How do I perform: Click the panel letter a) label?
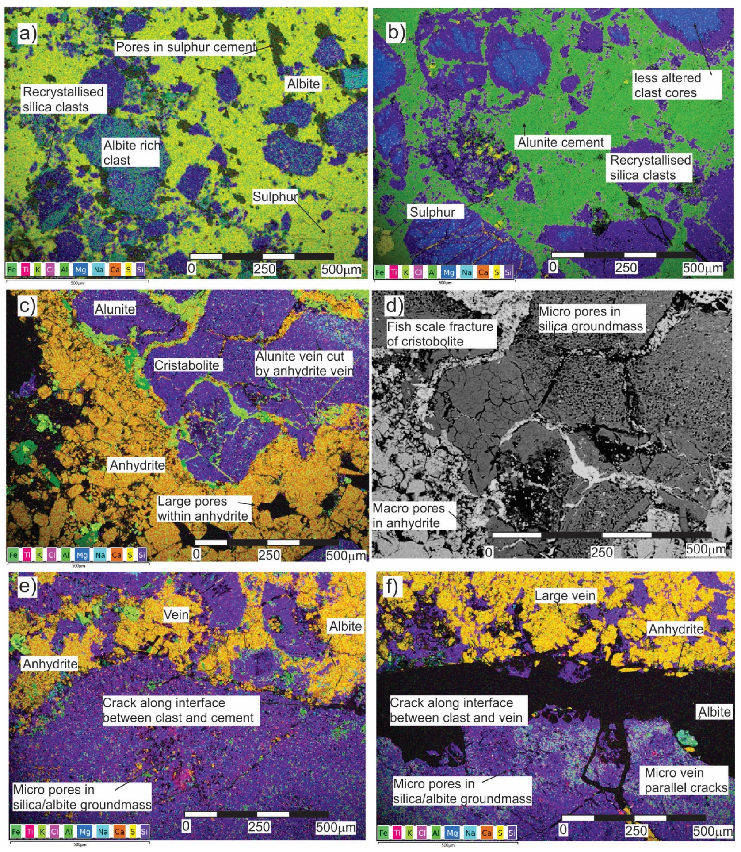pyautogui.click(x=27, y=34)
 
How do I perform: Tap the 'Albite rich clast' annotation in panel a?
pyautogui.click(x=131, y=153)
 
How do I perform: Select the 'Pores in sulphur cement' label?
pyautogui.click(x=186, y=47)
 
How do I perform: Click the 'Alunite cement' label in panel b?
pyautogui.click(x=560, y=142)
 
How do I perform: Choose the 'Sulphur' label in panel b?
pyautogui.click(x=432, y=212)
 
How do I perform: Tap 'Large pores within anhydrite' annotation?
pyautogui.click(x=203, y=509)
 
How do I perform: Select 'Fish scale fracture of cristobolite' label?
pyautogui.click(x=439, y=334)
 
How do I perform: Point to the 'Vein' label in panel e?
pyautogui.click(x=176, y=614)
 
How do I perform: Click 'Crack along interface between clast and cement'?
pyautogui.click(x=178, y=710)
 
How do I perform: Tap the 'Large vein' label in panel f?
pyautogui.click(x=565, y=595)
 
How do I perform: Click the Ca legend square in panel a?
pyautogui.click(x=115, y=269)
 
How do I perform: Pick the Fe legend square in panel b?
pyautogui.click(x=379, y=272)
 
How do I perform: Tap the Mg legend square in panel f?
pyautogui.click(x=452, y=833)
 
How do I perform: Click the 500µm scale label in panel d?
pyautogui.click(x=705, y=549)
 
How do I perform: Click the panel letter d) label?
pyautogui.click(x=394, y=306)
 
